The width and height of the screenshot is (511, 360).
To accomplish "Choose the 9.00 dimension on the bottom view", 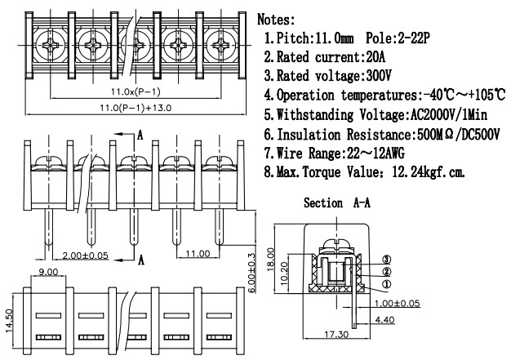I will (x=47, y=272).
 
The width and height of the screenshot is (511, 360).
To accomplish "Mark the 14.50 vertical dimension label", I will (x=10, y=319).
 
